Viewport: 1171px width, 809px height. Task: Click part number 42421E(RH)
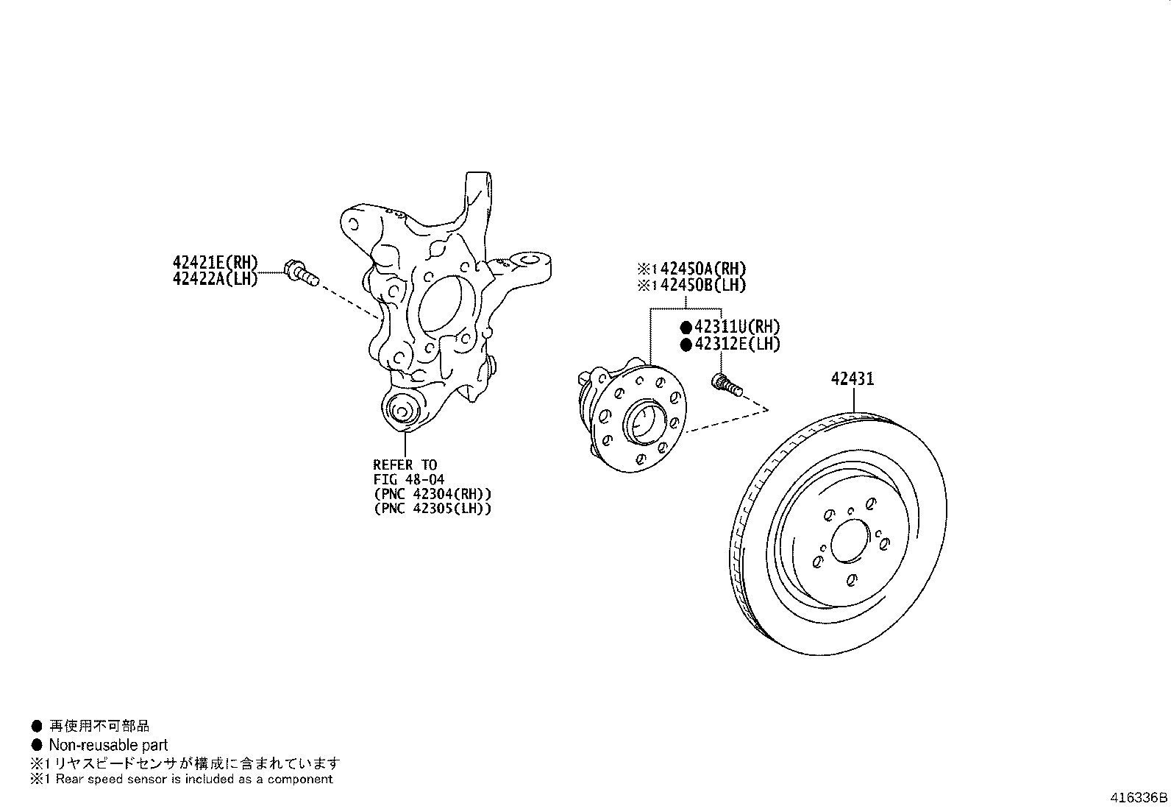pyautogui.click(x=215, y=262)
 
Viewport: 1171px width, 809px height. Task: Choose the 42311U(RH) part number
pyautogui.click(x=736, y=328)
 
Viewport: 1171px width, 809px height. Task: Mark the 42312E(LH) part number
pyautogui.click(x=736, y=344)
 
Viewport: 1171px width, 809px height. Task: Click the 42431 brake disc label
pyautogui.click(x=853, y=379)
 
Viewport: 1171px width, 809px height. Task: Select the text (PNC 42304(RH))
pyautogui.click(x=433, y=494)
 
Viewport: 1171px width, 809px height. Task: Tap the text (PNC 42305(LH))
pyautogui.click(x=433, y=508)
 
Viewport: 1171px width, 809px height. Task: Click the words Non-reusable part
pyautogui.click(x=108, y=745)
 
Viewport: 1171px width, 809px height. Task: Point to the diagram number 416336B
pyautogui.click(x=1139, y=797)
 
